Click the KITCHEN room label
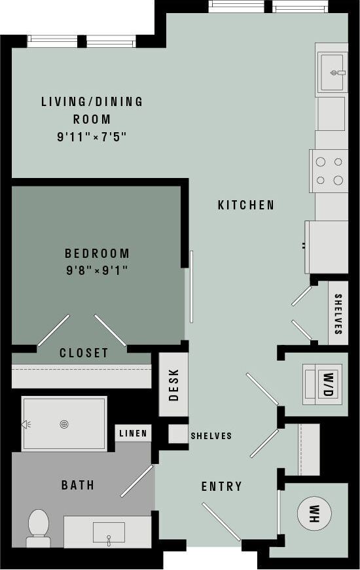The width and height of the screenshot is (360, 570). [246, 205]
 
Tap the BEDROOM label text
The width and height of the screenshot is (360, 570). [97, 253]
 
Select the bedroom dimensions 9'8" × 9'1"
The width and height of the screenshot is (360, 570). [96, 270]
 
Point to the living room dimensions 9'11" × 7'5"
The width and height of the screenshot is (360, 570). [92, 137]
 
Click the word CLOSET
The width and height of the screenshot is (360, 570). [84, 353]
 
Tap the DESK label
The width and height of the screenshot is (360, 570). [174, 385]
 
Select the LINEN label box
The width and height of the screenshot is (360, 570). [134, 433]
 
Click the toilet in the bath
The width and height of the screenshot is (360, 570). [39, 526]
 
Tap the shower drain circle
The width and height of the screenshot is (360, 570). [64, 424]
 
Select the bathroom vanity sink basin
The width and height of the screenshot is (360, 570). [109, 532]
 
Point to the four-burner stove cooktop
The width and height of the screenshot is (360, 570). [329, 171]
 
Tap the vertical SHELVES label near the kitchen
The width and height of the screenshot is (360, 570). [338, 314]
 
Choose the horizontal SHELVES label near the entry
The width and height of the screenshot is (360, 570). [211, 436]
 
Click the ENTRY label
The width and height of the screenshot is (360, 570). [221, 486]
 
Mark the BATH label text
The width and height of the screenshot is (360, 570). [78, 485]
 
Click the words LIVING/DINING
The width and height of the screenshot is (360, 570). [92, 101]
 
